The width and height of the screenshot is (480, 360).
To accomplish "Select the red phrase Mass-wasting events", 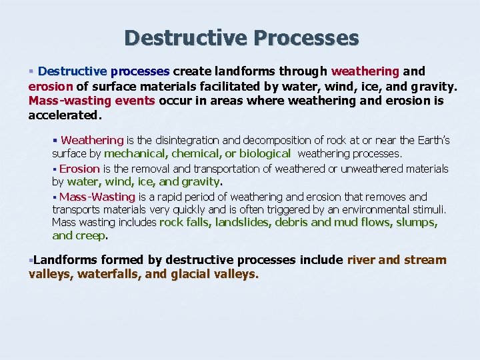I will tap(92, 101).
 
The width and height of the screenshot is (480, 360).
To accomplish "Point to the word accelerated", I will tap(65, 115).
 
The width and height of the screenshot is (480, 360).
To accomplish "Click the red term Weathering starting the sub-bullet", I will tap(92, 141).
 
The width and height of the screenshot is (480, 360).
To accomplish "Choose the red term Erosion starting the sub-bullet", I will tap(79, 169).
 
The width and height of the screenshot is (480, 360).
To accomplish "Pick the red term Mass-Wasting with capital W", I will tap(97, 197).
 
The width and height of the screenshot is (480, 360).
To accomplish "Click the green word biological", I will tap(265, 153).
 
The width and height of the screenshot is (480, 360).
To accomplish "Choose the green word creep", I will tap(91, 235).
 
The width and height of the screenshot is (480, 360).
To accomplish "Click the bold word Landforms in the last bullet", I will tap(65, 260).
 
